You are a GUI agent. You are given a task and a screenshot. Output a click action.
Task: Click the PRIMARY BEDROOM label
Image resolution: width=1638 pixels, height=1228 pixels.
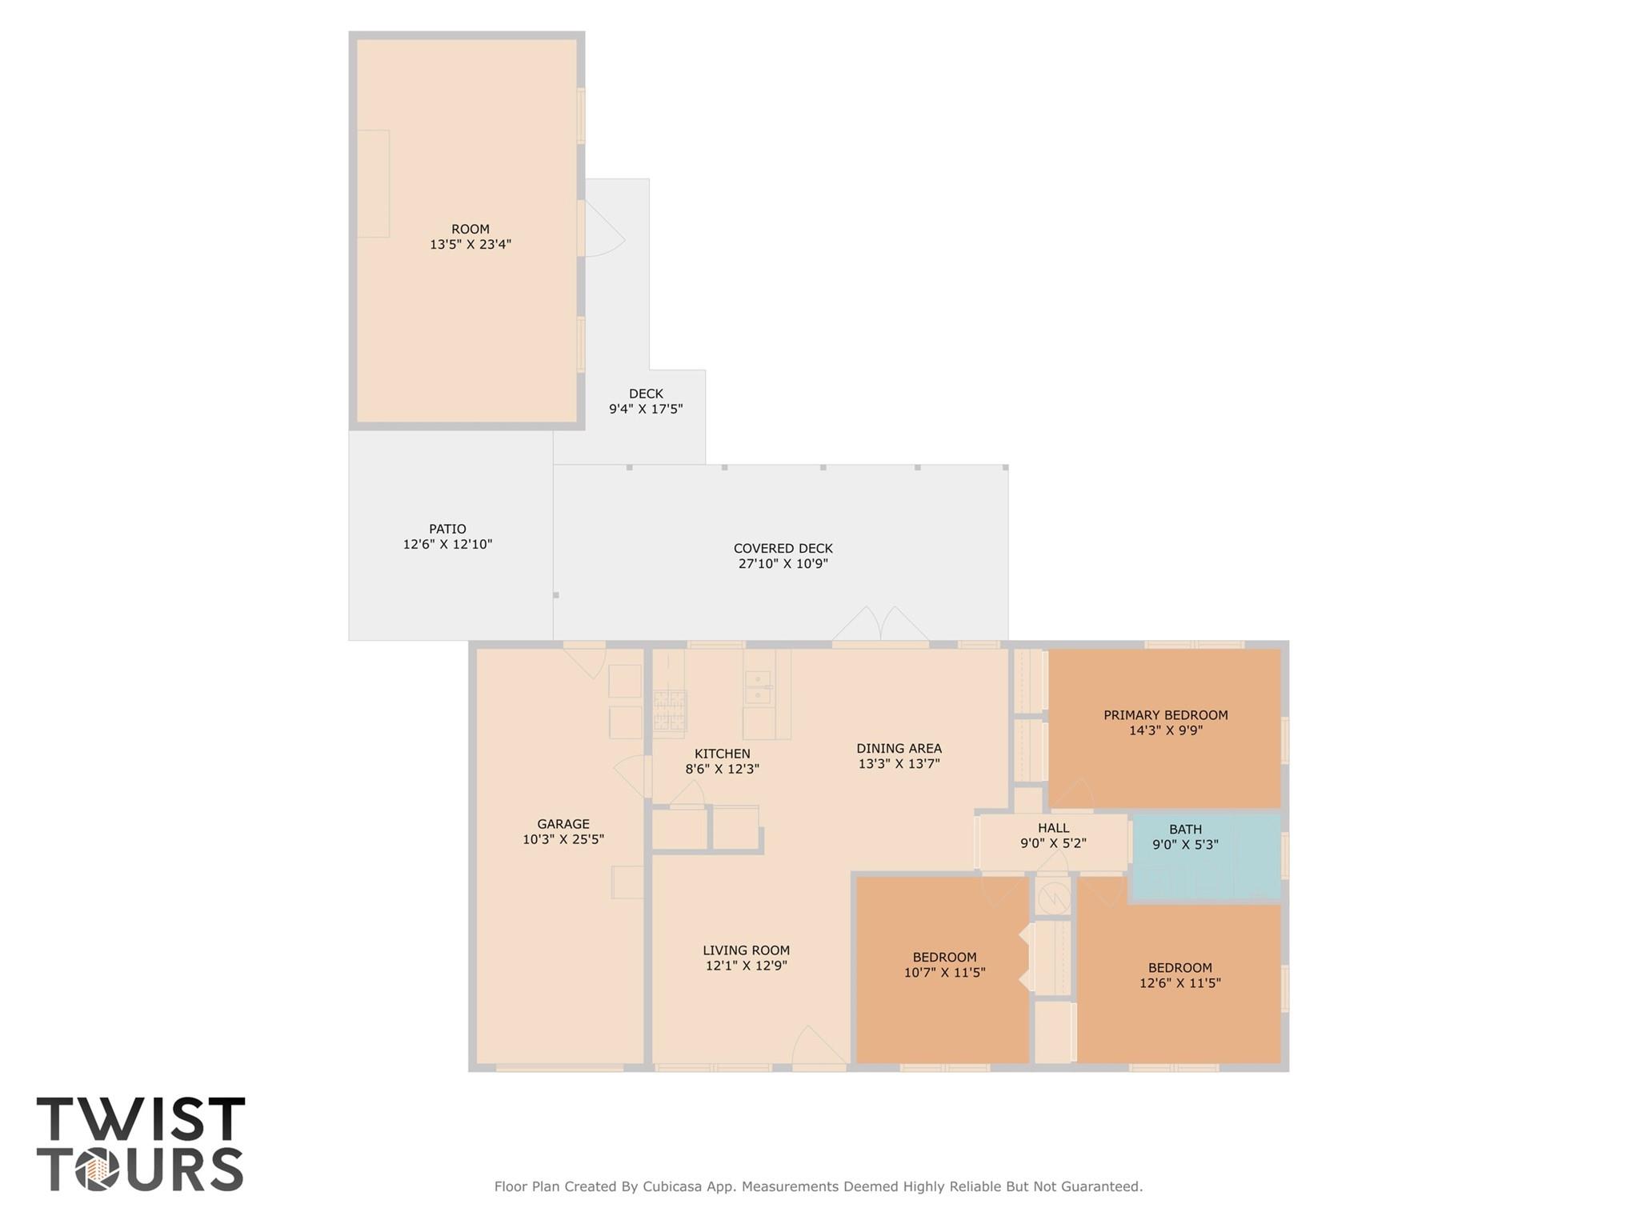coord(1165,715)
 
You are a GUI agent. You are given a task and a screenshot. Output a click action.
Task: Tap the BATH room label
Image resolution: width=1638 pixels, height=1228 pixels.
coord(1185,830)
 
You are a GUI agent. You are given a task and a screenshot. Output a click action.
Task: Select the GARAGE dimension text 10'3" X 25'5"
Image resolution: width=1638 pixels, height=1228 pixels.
coord(563,840)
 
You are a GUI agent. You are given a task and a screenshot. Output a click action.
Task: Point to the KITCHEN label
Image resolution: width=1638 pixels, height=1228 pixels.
coord(723,754)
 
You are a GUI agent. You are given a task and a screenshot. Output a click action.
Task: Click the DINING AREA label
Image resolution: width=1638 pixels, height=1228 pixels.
coord(899,749)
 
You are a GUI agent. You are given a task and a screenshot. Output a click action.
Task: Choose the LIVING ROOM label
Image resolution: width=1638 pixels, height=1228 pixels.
coord(746,950)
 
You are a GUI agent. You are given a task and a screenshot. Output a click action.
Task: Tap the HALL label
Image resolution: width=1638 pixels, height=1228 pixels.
coord(1053,828)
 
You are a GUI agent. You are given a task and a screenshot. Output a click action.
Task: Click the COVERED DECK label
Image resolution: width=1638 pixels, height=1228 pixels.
coord(783,549)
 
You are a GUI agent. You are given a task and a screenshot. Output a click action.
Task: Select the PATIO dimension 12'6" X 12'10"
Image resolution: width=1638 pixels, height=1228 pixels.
coord(447,545)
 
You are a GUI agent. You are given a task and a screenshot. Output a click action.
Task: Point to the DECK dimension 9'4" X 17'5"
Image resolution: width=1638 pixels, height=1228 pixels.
coord(646,410)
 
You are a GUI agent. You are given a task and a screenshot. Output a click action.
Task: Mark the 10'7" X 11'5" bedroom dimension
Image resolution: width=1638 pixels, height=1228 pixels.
coord(944,974)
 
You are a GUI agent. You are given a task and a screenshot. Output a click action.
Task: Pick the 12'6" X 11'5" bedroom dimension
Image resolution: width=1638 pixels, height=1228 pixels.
coord(1179,983)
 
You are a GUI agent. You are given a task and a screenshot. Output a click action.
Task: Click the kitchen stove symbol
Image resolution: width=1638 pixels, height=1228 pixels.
coord(670,710)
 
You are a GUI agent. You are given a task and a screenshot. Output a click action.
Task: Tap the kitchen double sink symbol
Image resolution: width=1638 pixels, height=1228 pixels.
coord(758,688)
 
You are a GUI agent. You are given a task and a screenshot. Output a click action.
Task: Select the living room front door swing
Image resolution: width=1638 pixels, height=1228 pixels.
coord(818,1048)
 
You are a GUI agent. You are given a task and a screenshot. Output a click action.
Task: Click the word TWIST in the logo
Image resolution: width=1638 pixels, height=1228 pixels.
coord(141,1120)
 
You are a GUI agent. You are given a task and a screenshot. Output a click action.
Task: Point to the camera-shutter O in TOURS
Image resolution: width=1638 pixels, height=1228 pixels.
coord(98,1170)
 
